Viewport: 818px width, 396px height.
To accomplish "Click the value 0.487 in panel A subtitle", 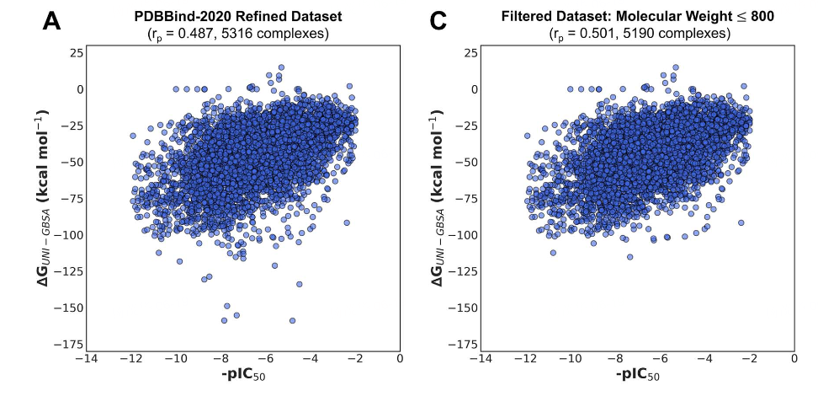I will coord(199,34).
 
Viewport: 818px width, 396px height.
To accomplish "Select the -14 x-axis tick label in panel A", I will coord(85,359).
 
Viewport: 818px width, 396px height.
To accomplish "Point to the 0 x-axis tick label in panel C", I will coord(794,359).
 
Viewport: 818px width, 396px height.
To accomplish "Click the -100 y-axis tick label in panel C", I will coord(463,235).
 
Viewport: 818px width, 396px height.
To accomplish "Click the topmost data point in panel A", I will coord(281,67).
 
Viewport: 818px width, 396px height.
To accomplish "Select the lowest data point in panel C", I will coord(629,257).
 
